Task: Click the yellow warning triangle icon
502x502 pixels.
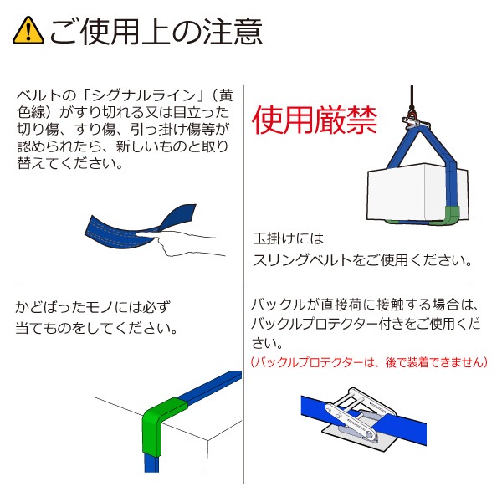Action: pos(28,32)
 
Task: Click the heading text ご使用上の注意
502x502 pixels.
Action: pos(155,32)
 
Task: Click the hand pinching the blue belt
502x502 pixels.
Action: pos(188,244)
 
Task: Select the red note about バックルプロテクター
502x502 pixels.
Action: pos(368,362)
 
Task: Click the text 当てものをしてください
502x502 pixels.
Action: pos(96,328)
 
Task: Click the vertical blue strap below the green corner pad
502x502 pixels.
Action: pos(152,469)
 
